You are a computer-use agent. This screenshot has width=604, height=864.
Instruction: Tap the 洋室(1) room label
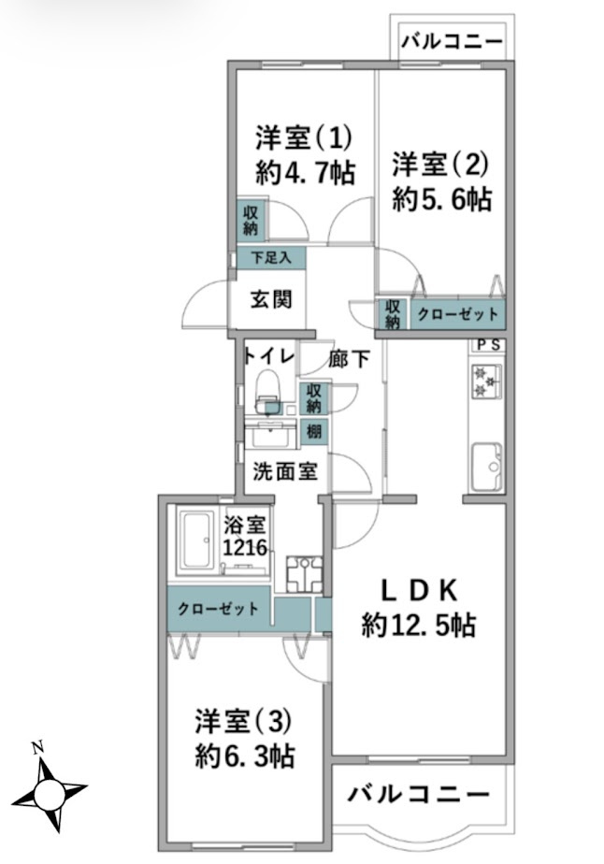point(304,138)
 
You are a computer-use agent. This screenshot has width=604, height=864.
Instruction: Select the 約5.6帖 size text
point(441,199)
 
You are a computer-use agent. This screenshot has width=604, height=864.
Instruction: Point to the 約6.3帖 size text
point(245,755)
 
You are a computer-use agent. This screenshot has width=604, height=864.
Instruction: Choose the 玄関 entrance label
point(271,299)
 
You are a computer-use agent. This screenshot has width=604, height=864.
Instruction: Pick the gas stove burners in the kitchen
point(486,379)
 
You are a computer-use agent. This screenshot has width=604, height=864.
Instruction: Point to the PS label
point(487,344)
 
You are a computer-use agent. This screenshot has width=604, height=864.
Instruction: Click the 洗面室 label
point(284,472)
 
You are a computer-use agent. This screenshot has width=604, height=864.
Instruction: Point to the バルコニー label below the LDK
point(419,796)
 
